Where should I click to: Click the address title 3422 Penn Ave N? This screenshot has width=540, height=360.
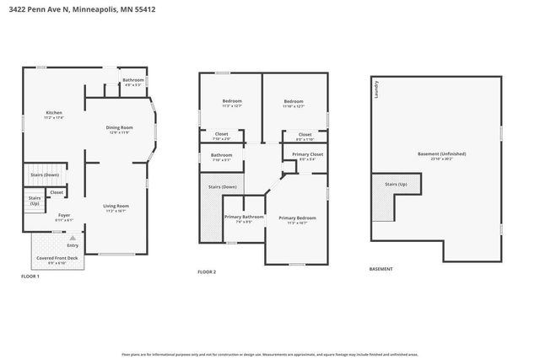83,9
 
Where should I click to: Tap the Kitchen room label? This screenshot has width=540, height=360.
54,114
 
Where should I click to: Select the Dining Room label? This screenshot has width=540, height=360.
119,128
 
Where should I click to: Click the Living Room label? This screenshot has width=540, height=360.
116,207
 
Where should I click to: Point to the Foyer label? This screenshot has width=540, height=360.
64,217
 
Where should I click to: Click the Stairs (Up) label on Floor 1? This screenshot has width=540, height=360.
35,201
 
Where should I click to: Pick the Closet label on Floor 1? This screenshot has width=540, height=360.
57,192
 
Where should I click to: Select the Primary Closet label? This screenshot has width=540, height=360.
307,155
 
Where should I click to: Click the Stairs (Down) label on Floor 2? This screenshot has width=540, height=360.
222,187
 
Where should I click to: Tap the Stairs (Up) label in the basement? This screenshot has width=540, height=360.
396,183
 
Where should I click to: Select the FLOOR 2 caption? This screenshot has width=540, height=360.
207,272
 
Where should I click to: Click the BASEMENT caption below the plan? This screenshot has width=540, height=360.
381,270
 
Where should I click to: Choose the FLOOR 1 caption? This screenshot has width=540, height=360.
30,277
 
